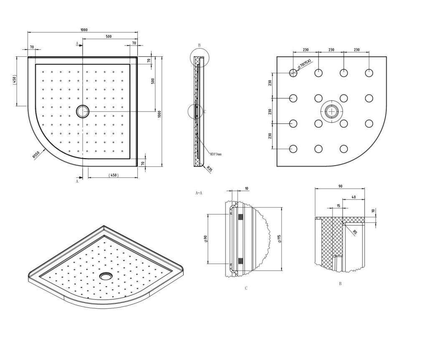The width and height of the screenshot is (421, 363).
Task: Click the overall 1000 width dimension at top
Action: pyautogui.click(x=84, y=30)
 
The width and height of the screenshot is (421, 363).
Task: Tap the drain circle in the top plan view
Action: pyautogui.click(x=82, y=111)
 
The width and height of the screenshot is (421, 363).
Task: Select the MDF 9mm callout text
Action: pyautogui.click(x=216, y=154)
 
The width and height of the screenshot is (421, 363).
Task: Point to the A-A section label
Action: pyautogui.click(x=199, y=193)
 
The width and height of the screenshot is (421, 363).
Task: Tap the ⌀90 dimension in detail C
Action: pyautogui.click(x=205, y=240)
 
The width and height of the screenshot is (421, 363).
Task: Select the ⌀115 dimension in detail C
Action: pyautogui.click(x=279, y=239)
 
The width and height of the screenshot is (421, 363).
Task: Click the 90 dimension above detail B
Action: pyautogui.click(x=340, y=187)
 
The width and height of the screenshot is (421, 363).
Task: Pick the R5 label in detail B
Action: pyautogui.click(x=355, y=232)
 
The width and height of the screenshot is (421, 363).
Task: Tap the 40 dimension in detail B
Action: pyautogui.click(x=353, y=197)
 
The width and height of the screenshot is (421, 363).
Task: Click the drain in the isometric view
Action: pyautogui.click(x=105, y=276)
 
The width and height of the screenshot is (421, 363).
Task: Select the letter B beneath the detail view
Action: pyautogui.click(x=340, y=284)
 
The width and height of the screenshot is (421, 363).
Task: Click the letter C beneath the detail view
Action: pyautogui.click(x=246, y=288)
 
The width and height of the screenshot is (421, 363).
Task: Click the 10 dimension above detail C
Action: pyautogui.click(x=246, y=189)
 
